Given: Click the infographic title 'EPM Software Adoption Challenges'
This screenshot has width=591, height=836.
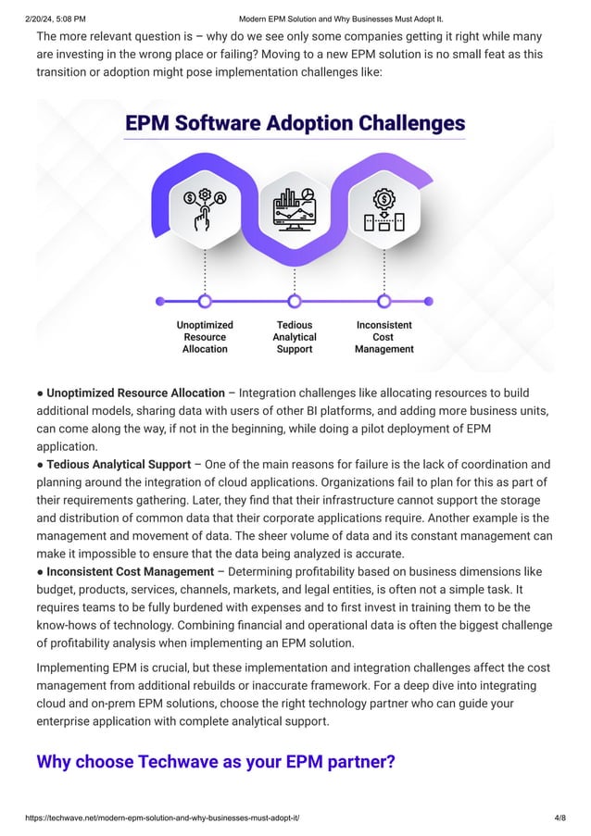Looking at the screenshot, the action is point(295,123).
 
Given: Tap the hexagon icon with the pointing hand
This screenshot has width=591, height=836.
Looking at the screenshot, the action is point(205,210).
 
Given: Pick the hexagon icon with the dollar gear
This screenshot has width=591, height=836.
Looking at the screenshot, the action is point(384,210).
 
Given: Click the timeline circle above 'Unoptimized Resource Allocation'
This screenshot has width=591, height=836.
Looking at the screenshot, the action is point(205,301).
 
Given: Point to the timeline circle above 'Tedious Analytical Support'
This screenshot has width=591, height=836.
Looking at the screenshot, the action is point(295,301).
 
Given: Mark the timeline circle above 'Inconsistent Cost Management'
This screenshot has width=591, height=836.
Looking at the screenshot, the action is point(384,301).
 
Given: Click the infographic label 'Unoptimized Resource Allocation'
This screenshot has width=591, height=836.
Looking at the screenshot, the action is point(205,337).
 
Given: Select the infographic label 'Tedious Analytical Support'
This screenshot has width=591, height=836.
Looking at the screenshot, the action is point(295,337).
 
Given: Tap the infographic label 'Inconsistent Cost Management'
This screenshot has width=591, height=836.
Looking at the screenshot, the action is point(384,337).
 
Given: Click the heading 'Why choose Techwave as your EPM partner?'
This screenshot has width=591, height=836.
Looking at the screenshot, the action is point(215,762).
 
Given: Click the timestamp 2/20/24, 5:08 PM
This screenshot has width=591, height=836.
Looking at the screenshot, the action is point(44,18).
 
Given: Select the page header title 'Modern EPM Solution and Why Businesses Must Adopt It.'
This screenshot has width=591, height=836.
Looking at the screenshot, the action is point(341,18).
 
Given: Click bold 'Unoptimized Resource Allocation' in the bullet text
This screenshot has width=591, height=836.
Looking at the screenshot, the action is point(135,393).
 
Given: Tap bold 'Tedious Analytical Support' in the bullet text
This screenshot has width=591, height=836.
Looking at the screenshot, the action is point(119,464).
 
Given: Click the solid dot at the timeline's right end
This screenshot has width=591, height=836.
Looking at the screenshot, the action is point(428,301).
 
